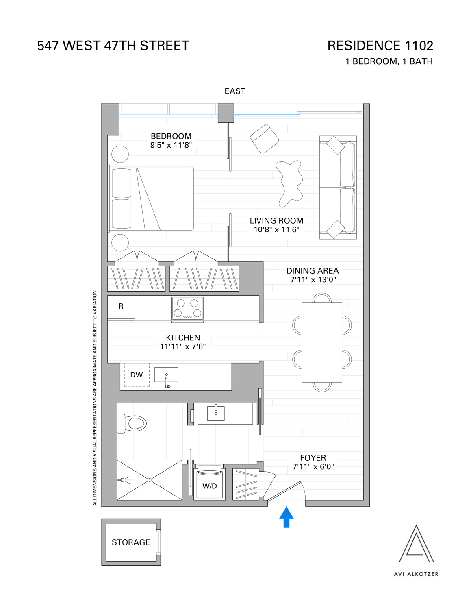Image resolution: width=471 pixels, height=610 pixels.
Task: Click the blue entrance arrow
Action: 287,517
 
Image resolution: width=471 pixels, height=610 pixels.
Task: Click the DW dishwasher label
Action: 137,375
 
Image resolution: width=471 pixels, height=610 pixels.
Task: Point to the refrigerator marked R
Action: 121,307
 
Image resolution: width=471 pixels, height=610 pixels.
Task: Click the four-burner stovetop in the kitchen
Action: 187,308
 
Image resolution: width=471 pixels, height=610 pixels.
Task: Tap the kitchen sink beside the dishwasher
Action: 167,375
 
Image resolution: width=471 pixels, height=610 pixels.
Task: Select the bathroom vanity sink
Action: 216,413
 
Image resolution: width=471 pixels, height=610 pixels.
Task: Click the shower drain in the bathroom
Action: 150,480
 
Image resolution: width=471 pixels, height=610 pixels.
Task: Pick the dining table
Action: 322,342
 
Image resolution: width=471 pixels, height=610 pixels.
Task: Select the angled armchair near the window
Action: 264,139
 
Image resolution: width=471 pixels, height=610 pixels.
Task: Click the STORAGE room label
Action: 131,542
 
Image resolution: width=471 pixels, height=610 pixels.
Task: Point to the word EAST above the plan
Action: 235,91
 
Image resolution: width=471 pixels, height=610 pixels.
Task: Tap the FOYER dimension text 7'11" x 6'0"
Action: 313,467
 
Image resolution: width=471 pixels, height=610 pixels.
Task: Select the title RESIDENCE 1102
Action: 380,46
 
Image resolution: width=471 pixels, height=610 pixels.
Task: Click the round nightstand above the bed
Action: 120,155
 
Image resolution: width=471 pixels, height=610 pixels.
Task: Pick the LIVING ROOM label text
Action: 276,221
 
